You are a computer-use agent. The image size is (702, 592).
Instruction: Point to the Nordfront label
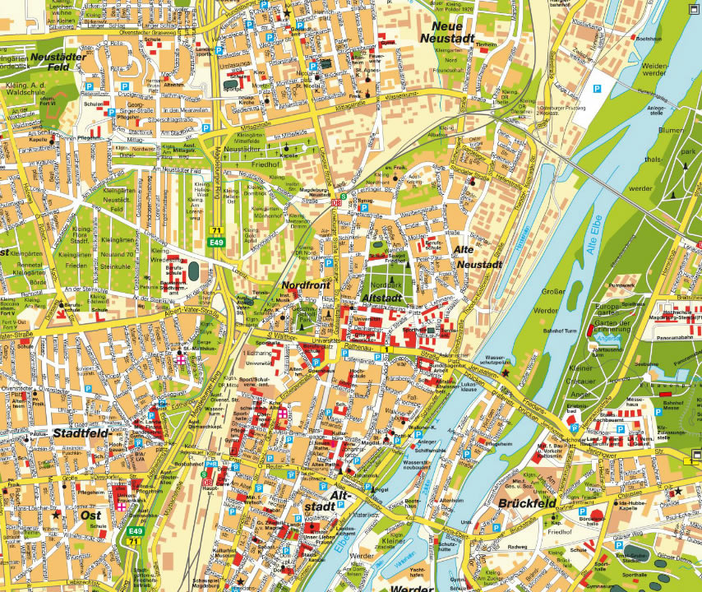click(x=305, y=284)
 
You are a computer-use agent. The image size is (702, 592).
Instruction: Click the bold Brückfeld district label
click(x=528, y=503)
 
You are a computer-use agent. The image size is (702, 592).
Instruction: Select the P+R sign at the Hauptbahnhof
click(x=210, y=464)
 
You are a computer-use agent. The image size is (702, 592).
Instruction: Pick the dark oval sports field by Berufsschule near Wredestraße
click(x=193, y=270)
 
